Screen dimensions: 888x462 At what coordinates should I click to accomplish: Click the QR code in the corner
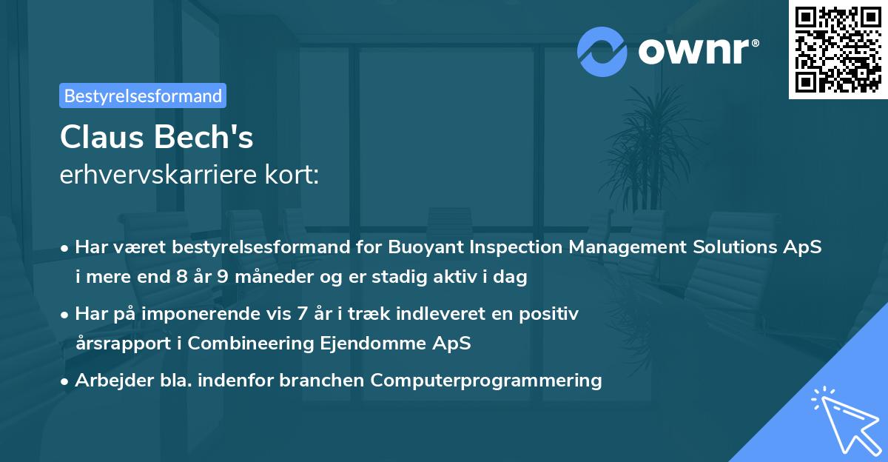838,50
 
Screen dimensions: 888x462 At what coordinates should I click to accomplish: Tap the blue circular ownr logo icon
602,52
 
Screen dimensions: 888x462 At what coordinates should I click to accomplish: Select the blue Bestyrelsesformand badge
143,96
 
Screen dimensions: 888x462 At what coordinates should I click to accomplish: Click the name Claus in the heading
101,137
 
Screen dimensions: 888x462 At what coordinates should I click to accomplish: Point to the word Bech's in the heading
203,137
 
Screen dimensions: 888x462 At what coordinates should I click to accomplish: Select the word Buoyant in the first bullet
425,247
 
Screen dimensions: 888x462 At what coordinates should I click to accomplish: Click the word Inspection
516,247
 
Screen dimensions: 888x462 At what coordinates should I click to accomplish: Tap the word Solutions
735,247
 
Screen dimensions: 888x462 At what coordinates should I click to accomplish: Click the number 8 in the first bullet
182,276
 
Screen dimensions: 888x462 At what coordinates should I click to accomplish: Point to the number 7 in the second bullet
302,314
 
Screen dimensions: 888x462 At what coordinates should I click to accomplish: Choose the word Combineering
251,344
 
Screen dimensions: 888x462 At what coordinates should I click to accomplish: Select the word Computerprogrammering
486,381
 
